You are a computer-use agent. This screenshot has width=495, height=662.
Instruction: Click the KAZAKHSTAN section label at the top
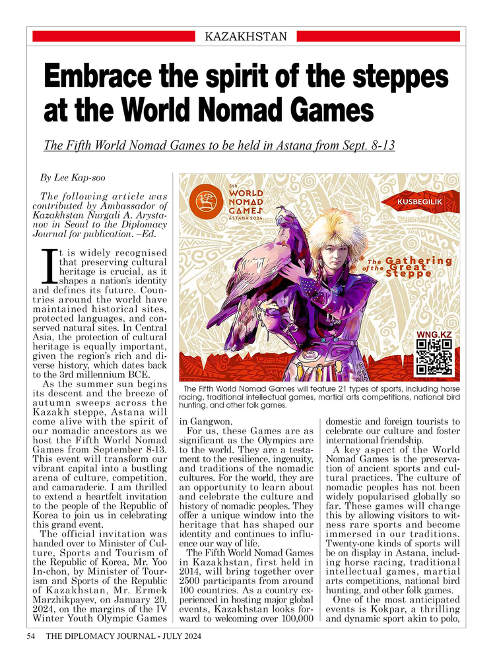246,36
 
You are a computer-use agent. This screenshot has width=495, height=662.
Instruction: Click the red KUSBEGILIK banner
427,200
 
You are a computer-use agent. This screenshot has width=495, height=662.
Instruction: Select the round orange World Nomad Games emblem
205,198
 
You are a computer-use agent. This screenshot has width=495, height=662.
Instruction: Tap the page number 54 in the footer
31,637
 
